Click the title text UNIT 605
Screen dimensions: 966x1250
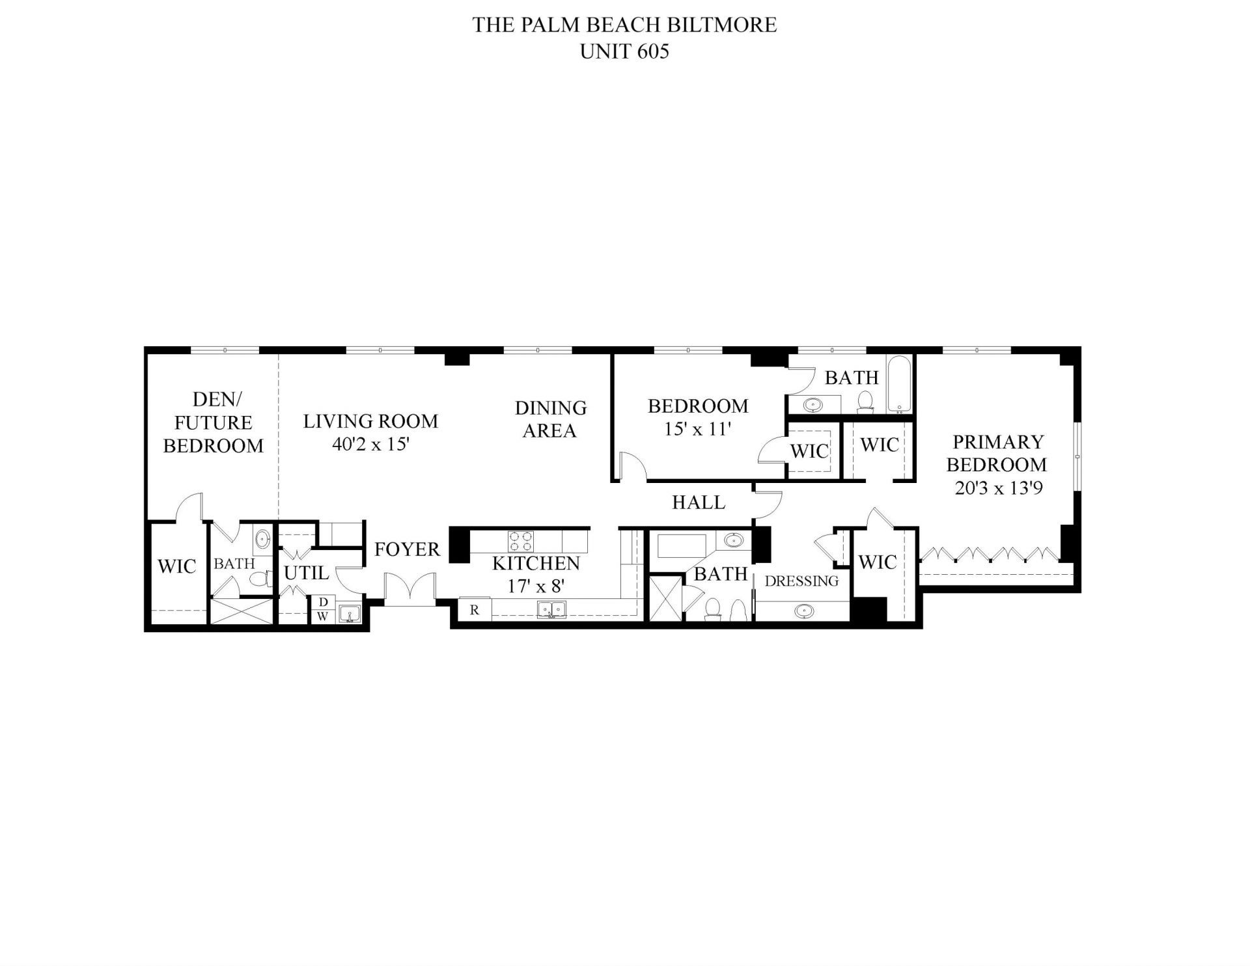[624, 51]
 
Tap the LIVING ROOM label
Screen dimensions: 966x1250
[370, 421]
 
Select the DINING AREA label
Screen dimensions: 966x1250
[551, 419]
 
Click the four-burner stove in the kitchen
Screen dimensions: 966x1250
[521, 540]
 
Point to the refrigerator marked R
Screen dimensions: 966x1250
[475, 610]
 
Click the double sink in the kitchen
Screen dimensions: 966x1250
[551, 609]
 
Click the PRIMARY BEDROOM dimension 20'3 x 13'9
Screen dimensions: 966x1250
[999, 488]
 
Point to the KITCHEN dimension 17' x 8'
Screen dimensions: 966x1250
[535, 586]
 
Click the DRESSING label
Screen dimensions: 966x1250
[801, 581]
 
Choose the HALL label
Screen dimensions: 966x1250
[699, 502]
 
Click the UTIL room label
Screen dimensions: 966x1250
[306, 573]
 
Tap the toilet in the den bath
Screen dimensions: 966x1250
[260, 579]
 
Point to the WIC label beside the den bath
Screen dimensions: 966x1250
[176, 566]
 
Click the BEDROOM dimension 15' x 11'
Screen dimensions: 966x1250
[698, 430]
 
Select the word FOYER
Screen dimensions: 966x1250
[408, 549]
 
